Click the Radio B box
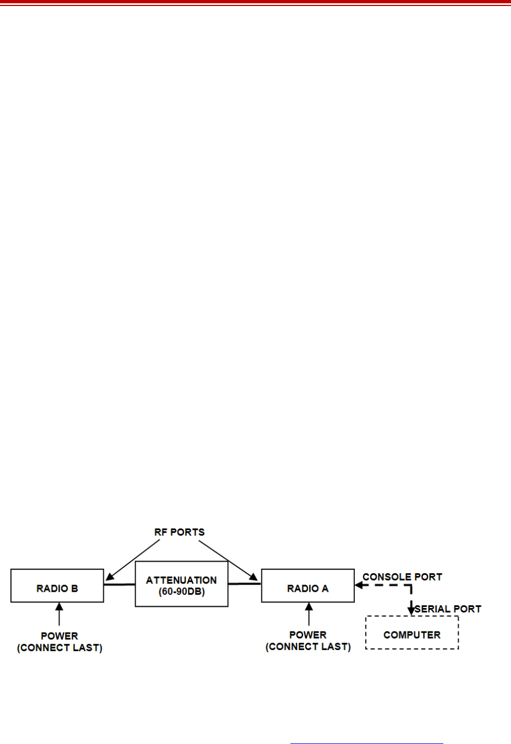click(57, 586)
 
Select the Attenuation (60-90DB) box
click(181, 584)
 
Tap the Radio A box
click(307, 586)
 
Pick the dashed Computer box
click(412, 633)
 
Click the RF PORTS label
click(179, 532)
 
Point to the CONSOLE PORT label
click(402, 577)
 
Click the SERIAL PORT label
click(448, 609)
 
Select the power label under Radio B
click(60, 642)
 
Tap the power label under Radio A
click(308, 641)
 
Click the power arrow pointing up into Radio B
click(59, 614)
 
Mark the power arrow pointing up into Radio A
click(309, 614)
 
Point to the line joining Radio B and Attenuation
click(119, 585)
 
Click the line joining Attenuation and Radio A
click(244, 584)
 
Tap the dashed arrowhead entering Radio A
click(359, 585)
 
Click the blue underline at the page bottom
click(366, 743)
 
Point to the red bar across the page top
click(255, 3)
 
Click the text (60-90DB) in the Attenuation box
click(181, 592)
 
